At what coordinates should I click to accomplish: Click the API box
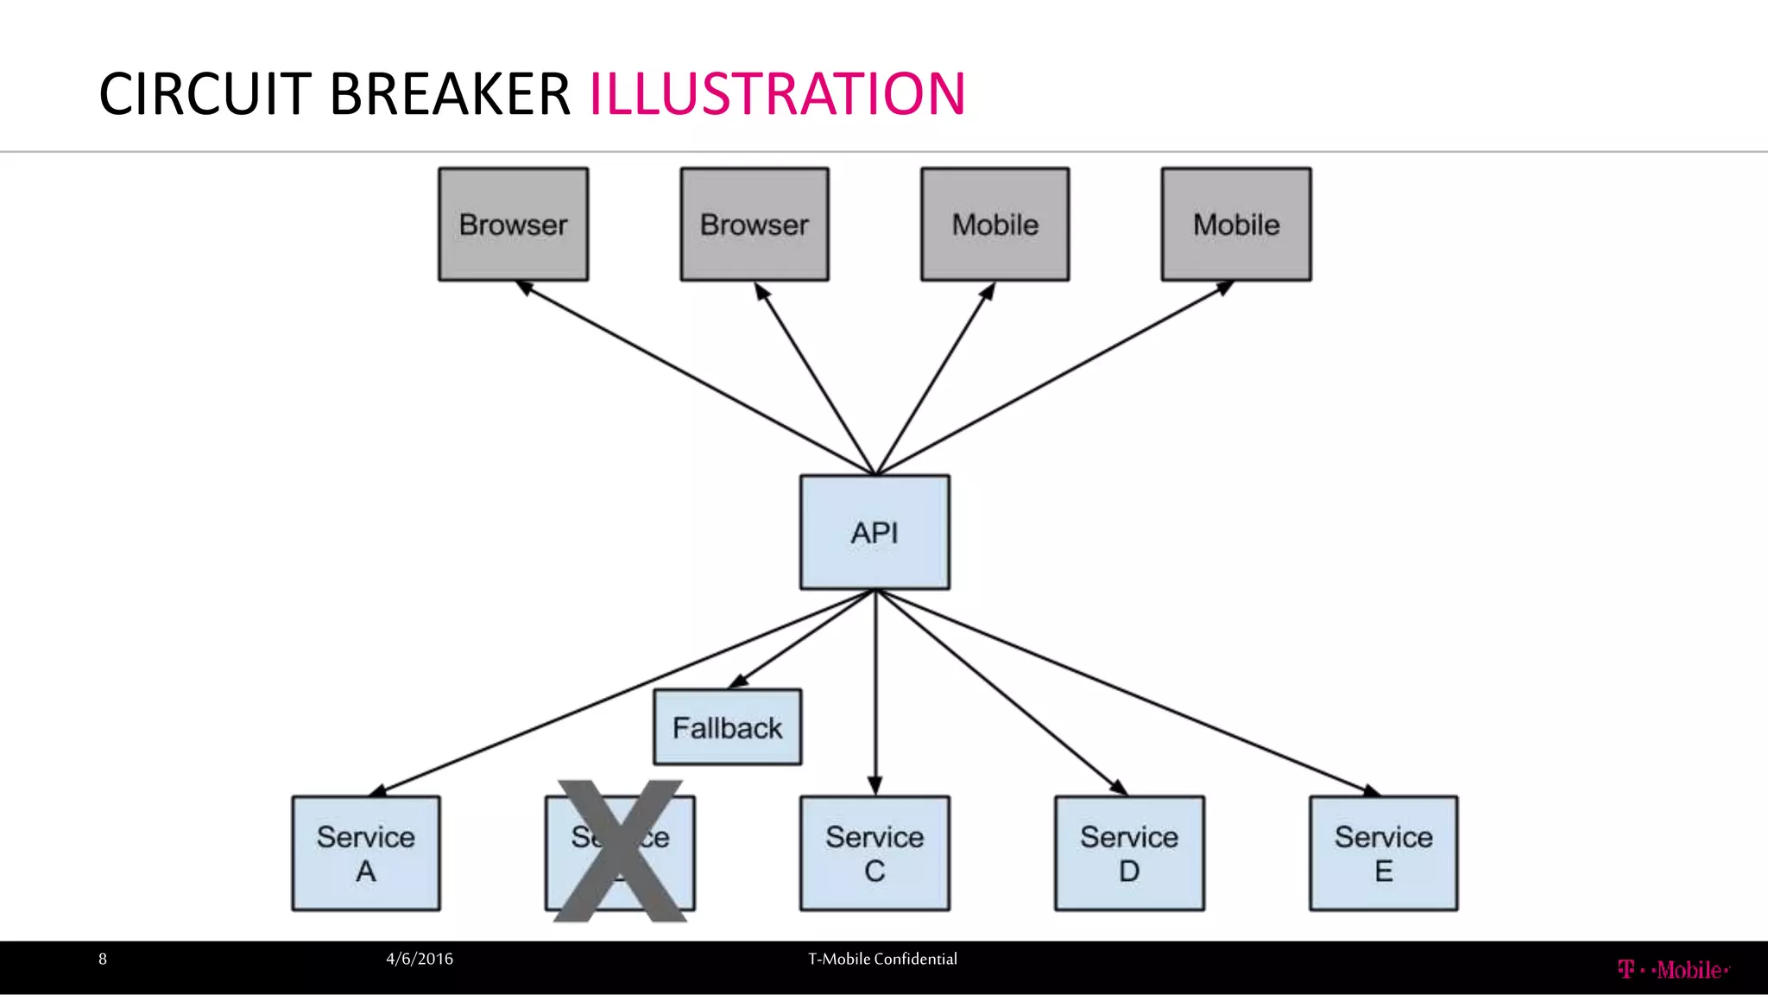[875, 532]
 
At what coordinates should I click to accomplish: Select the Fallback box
[727, 727]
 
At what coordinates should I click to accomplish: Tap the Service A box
[366, 852]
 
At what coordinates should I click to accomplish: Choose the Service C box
[875, 852]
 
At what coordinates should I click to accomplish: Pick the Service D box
[1129, 852]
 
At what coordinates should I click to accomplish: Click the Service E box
[1383, 852]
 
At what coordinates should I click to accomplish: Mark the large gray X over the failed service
[620, 851]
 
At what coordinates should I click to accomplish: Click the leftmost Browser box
[513, 224]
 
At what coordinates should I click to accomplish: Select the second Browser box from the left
[755, 224]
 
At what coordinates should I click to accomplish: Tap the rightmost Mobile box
[1236, 224]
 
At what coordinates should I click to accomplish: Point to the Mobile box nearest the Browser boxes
[994, 224]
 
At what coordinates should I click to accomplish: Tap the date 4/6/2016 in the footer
[420, 959]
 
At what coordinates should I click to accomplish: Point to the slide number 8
[103, 959]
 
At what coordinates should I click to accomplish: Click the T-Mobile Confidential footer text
[882, 959]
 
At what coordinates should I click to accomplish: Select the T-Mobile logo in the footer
[1673, 970]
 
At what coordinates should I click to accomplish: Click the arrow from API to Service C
[875, 691]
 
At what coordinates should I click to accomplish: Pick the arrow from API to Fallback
[803, 639]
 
